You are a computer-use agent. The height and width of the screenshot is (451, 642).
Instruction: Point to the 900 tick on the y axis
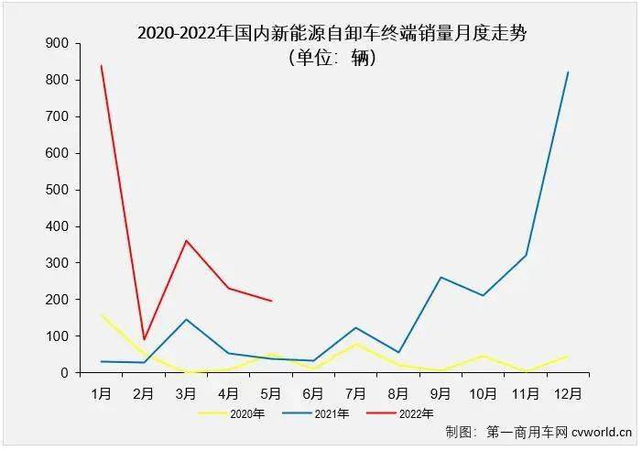(x=58, y=43)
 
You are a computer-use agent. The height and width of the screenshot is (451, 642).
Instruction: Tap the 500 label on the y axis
(x=58, y=190)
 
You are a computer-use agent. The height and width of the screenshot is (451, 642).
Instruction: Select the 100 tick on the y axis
(x=58, y=336)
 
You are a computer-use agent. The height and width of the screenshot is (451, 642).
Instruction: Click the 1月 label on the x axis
(x=102, y=393)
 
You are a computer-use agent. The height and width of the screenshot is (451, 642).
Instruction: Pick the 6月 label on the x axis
(x=313, y=393)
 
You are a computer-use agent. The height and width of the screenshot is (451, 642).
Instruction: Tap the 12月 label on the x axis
(x=568, y=393)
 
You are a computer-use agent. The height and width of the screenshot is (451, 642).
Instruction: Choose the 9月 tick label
(x=441, y=393)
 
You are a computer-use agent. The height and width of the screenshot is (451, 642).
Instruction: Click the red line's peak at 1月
(x=102, y=65)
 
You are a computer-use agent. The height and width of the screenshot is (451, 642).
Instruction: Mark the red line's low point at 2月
(x=144, y=339)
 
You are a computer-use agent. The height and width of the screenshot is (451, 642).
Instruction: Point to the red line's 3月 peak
(x=187, y=241)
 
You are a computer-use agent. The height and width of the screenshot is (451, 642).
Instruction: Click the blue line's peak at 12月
(x=568, y=72)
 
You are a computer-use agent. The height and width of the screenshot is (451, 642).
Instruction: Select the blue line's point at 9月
(x=441, y=277)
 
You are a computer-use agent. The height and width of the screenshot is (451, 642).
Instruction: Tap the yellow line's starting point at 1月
(x=102, y=314)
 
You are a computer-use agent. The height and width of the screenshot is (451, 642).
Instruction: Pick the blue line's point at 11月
(x=526, y=255)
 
